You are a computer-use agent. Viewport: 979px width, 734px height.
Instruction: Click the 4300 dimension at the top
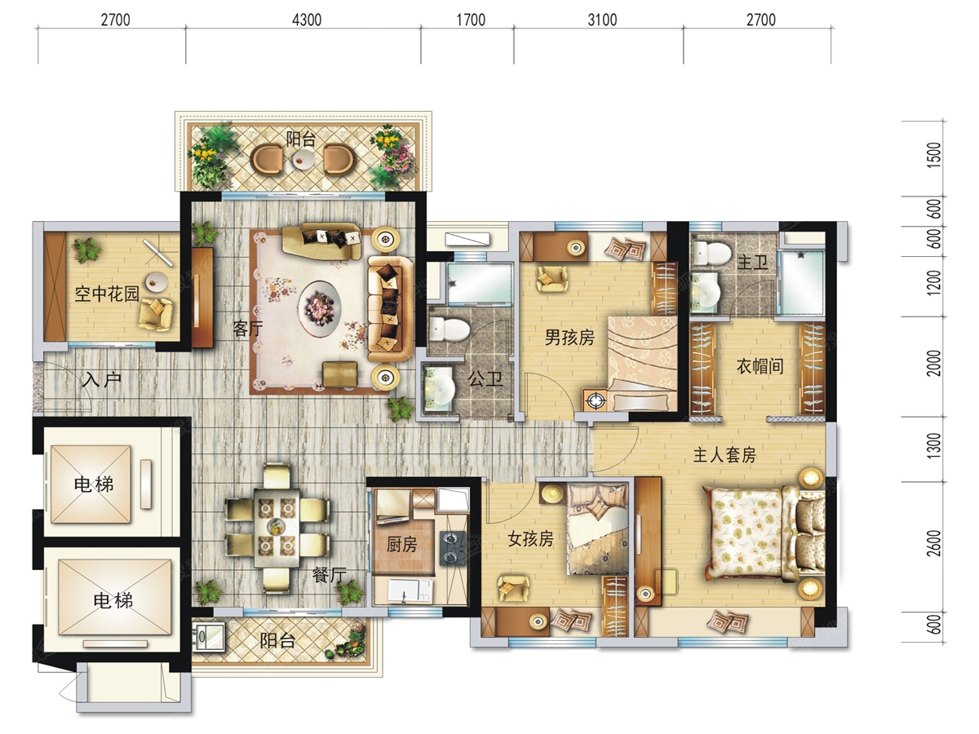[307, 20]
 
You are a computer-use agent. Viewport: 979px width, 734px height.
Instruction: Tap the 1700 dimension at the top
[471, 20]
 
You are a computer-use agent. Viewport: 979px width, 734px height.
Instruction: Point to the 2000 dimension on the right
[933, 363]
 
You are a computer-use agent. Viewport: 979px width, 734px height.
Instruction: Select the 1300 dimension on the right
[933, 445]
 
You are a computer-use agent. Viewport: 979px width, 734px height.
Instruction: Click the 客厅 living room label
[248, 329]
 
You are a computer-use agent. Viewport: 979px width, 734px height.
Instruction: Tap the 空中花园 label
[107, 294]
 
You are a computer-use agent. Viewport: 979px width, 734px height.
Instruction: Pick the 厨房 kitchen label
[402, 544]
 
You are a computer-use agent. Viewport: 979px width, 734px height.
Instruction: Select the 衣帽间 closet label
[760, 366]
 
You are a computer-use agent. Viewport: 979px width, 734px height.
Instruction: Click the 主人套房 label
[724, 455]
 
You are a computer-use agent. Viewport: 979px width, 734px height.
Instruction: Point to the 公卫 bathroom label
[485, 378]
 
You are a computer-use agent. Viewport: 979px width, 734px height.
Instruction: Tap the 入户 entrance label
[102, 380]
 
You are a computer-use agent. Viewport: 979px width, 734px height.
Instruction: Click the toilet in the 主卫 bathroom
[711, 253]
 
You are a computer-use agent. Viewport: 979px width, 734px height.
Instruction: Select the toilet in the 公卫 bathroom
[450, 329]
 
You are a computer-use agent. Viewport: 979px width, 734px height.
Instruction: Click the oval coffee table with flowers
[321, 307]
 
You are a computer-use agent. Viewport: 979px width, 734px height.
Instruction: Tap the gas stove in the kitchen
[453, 549]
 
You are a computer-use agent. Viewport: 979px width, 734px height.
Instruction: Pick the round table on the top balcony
[303, 159]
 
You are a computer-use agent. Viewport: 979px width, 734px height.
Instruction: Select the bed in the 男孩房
[643, 363]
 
